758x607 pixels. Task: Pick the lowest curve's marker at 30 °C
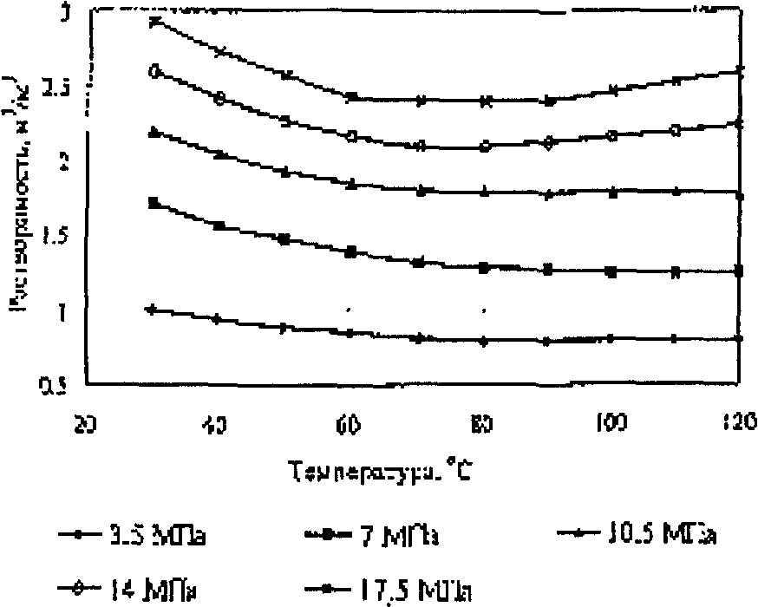pos(154,310)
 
